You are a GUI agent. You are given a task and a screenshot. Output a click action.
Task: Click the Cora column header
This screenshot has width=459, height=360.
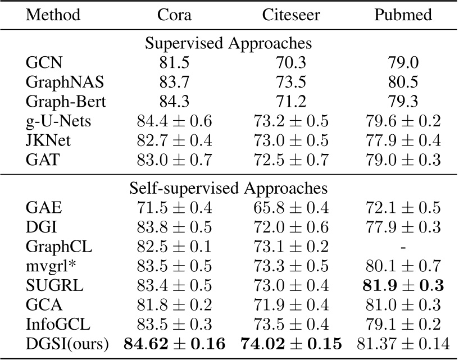click(x=174, y=15)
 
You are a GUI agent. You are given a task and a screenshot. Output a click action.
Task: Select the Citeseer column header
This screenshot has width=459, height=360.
click(x=290, y=15)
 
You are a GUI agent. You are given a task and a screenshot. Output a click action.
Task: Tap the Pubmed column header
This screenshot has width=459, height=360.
click(x=403, y=15)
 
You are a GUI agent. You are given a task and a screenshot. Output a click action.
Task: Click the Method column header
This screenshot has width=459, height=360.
click(x=53, y=15)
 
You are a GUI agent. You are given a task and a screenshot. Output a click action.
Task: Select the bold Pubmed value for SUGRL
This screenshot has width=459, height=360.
click(x=403, y=286)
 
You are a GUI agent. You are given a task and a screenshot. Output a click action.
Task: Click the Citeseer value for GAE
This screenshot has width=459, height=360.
click(x=290, y=208)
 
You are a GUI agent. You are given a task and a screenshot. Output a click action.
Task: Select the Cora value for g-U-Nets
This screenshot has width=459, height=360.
click(x=174, y=121)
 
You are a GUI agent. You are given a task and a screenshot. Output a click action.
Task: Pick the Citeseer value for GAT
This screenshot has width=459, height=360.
click(x=290, y=160)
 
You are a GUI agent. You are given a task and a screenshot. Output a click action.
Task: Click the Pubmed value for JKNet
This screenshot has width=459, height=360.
click(x=403, y=140)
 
